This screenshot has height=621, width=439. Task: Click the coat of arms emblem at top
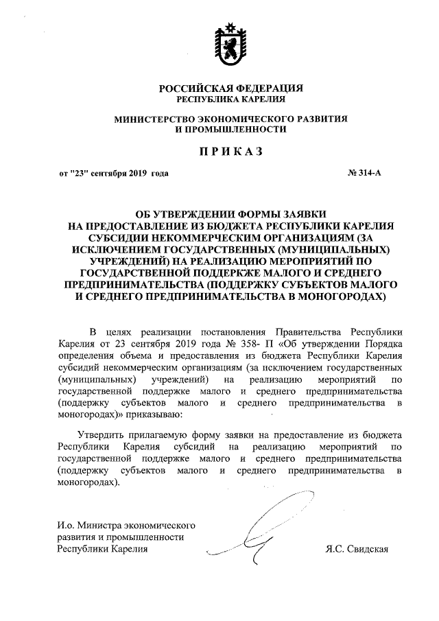[229, 43]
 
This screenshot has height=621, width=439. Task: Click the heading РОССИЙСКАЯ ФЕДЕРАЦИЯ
[230, 89]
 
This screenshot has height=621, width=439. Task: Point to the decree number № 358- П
[213, 342]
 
